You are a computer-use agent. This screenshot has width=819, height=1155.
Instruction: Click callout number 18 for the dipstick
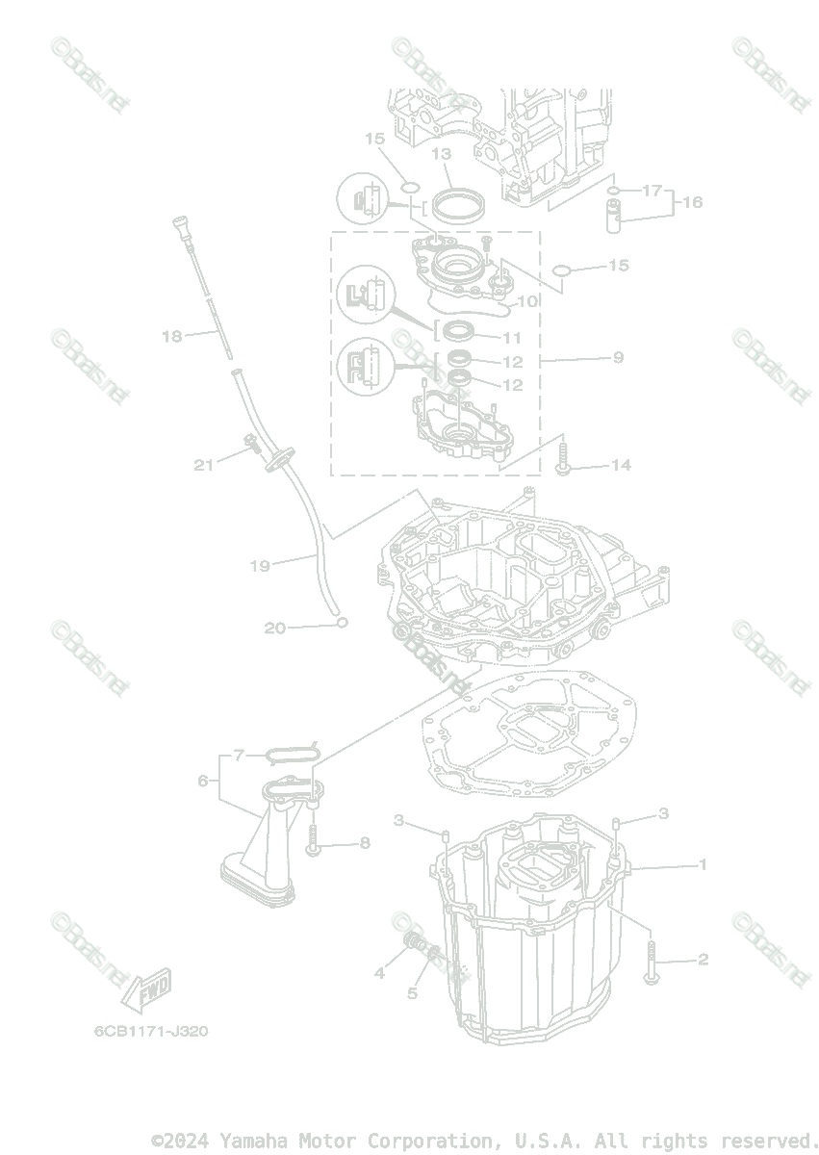(x=171, y=336)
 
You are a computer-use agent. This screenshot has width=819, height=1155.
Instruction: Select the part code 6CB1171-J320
(x=150, y=1031)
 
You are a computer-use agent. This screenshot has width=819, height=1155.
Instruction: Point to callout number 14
(x=621, y=465)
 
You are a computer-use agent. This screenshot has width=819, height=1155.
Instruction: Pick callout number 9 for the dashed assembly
(x=617, y=357)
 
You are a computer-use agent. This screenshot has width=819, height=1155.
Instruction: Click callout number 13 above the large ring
(x=441, y=154)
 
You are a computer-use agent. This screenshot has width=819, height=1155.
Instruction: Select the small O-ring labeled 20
(x=341, y=623)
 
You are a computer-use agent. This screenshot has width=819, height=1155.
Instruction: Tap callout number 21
(x=203, y=465)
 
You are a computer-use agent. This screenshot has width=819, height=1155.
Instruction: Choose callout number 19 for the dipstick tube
(x=260, y=566)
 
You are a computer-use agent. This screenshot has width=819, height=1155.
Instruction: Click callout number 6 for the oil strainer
(x=203, y=780)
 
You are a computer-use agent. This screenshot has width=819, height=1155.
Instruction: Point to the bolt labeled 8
(x=315, y=844)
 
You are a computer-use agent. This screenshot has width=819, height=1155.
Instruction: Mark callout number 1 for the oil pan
(x=703, y=864)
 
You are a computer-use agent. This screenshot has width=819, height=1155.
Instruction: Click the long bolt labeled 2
(x=652, y=962)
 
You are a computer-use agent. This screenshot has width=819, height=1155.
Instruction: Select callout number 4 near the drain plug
(x=379, y=973)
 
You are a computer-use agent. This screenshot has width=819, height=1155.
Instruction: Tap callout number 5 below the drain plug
(x=412, y=992)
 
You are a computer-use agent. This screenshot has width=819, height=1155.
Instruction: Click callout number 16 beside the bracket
(x=692, y=202)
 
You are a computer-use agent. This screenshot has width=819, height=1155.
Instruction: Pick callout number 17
(x=653, y=190)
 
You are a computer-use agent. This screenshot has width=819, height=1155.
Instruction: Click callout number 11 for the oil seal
(x=511, y=338)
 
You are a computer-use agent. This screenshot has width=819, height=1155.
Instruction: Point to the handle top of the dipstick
(x=177, y=226)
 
